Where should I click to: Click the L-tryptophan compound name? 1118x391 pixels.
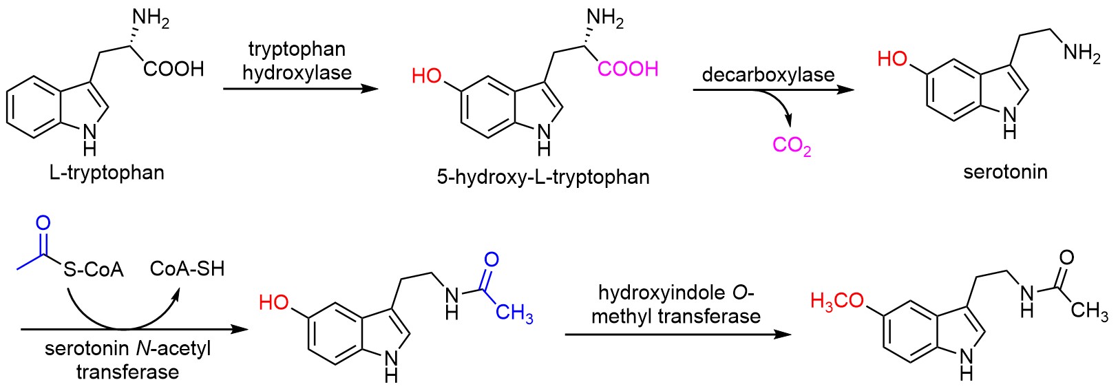tap(107, 172)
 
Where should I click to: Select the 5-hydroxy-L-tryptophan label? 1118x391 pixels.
tap(542, 177)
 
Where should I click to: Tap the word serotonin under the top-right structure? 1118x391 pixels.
tap(1005, 171)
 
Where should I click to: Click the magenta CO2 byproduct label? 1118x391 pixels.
tap(792, 146)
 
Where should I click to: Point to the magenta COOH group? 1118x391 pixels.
tap(628, 69)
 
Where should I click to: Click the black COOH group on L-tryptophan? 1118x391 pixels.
tap(173, 69)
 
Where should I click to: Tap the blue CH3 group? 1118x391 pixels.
tap(514, 314)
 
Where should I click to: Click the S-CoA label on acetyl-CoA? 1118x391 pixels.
tap(94, 268)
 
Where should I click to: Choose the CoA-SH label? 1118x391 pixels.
tap(187, 268)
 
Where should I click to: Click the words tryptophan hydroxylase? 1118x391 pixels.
tap(297, 61)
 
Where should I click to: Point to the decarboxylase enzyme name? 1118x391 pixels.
tap(768, 74)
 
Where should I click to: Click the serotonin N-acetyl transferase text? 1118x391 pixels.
tap(128, 360)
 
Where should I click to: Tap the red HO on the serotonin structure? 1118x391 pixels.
tap(893, 59)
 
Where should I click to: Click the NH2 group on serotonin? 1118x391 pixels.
tap(1082, 53)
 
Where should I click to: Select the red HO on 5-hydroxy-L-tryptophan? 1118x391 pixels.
tap(427, 75)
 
